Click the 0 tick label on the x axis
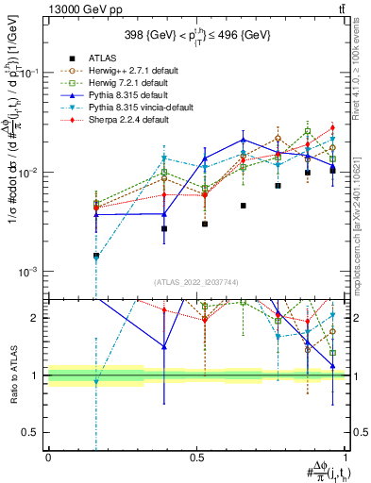[48, 457]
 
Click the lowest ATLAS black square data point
[96, 256]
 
